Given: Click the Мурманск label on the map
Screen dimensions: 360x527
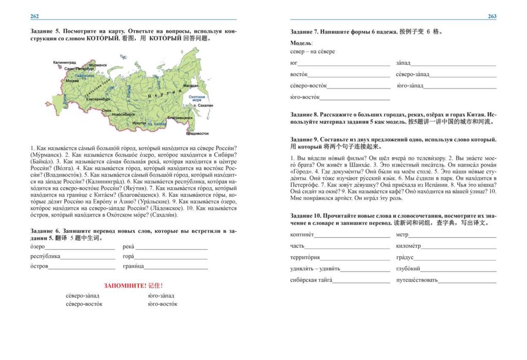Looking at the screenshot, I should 98,66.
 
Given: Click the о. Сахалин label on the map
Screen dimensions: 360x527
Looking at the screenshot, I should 205,106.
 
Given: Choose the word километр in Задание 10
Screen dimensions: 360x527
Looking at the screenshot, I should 409,246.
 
